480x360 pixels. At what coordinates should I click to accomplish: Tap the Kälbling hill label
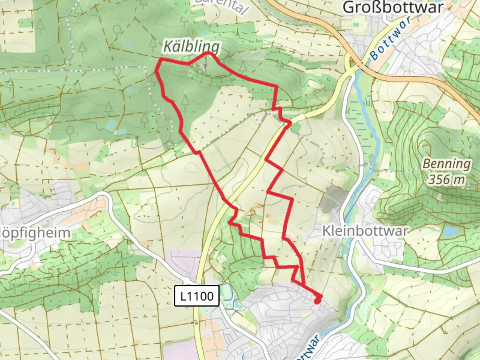[x=191, y=47]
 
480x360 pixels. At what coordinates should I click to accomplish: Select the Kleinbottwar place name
[x=365, y=231]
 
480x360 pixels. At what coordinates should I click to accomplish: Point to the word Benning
[x=447, y=164]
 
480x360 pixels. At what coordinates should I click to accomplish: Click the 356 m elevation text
[x=446, y=180]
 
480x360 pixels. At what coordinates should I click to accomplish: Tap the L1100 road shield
[x=197, y=296]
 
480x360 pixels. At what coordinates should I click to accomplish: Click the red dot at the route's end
[x=317, y=301]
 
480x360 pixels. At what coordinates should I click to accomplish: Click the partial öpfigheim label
[x=35, y=233]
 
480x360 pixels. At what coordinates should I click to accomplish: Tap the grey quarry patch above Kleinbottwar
[x=335, y=195]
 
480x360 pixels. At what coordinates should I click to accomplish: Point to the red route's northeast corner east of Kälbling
[x=276, y=86]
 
